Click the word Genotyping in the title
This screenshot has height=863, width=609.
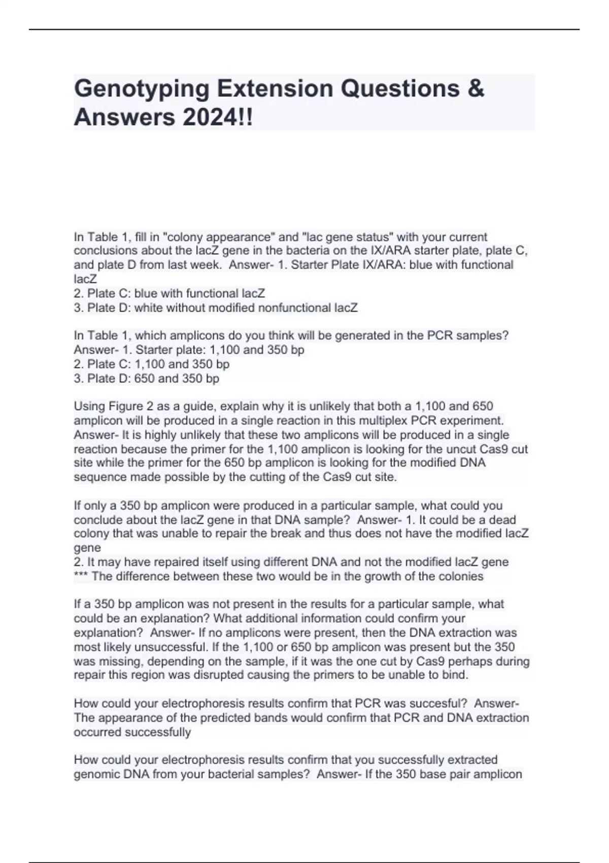142,89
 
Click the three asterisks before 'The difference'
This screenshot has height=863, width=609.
81,577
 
